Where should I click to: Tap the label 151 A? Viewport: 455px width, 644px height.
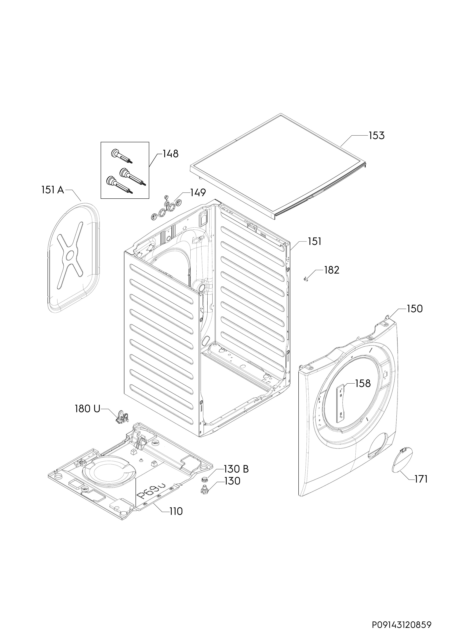point(53,190)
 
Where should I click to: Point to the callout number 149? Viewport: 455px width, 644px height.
point(198,193)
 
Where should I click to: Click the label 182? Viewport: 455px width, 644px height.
point(332,270)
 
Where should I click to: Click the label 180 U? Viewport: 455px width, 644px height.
point(87,409)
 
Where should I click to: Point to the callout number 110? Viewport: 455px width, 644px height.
point(176,512)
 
